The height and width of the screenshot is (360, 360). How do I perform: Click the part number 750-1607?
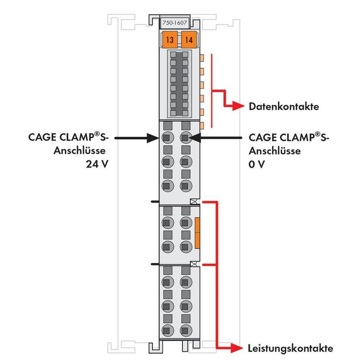click(175, 23)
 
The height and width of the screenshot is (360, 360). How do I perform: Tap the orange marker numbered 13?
click(170, 40)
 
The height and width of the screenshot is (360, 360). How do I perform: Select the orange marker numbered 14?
click(189, 40)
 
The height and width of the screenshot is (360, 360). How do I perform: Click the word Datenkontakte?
click(284, 107)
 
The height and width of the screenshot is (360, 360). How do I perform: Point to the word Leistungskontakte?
click(290, 348)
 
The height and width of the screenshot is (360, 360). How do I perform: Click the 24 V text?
click(97, 164)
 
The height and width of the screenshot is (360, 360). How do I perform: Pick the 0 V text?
click(256, 164)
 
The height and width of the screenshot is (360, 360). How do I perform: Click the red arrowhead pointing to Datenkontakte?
click(238, 106)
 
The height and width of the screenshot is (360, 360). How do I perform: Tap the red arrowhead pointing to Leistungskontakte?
click(237, 348)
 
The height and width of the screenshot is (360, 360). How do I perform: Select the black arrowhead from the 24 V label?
click(153, 138)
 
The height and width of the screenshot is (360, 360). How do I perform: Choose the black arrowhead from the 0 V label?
click(195, 138)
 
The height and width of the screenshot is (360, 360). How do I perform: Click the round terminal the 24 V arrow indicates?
click(167, 138)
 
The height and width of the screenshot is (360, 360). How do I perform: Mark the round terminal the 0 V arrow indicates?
click(186, 138)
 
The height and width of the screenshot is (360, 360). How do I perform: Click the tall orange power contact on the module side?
click(197, 233)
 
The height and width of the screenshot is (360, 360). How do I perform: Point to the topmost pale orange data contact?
click(202, 58)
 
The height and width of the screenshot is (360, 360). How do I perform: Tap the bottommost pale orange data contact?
click(202, 126)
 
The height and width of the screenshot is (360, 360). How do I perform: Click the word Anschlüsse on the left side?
click(80, 151)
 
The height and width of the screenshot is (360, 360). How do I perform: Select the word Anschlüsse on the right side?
click(274, 151)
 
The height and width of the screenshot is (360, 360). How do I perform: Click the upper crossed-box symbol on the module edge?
click(194, 202)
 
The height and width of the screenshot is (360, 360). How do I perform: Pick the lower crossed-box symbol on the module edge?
click(194, 264)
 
